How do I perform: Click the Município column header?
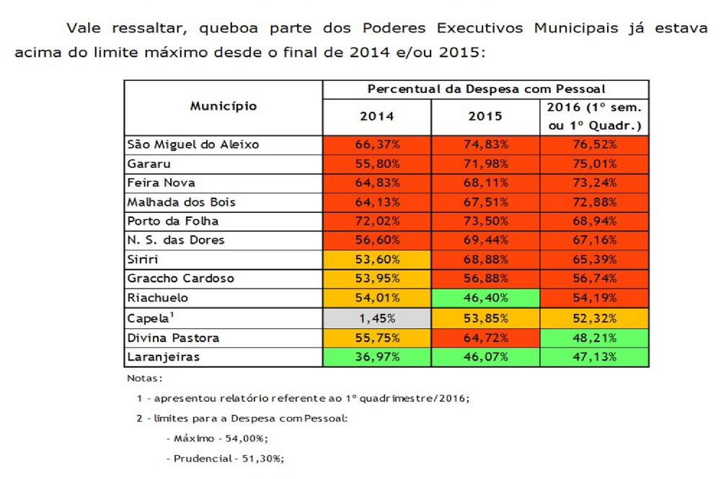coord(224,107)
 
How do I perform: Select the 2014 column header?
coord(377,116)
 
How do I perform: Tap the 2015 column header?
coord(485,116)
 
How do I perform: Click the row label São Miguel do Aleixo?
coord(193,144)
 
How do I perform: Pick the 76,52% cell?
coord(594,144)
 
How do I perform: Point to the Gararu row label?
coord(149,164)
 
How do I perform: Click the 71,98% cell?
coord(485,164)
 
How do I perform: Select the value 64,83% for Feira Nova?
coord(377,183)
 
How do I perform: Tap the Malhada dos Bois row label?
coord(181,202)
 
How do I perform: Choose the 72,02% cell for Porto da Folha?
coord(377,221)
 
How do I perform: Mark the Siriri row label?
coord(143,260)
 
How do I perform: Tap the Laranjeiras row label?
coord(162,356)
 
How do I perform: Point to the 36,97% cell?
coord(377,356)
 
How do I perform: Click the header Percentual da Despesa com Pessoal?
coord(485,89)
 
